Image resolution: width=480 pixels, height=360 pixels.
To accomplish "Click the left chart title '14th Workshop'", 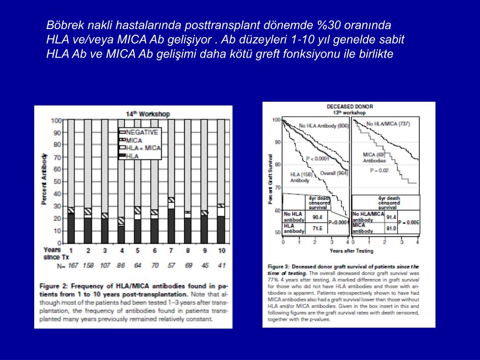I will pos(148,114).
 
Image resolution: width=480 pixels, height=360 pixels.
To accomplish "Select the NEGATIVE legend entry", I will pos(142,132).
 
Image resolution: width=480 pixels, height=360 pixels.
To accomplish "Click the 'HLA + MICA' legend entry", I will pos(143,148).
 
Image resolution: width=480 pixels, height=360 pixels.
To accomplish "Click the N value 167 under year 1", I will pos(71,265).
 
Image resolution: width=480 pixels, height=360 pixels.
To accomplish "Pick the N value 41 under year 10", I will pos(221,265).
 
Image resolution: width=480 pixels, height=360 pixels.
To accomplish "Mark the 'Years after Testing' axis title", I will pos(352,251).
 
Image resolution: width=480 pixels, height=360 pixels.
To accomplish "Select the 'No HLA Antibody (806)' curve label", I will pos(323,125).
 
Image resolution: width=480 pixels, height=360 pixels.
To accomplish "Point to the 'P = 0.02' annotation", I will pos(379,171).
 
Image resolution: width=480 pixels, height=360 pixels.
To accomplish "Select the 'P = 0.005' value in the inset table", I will pos(409,222).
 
